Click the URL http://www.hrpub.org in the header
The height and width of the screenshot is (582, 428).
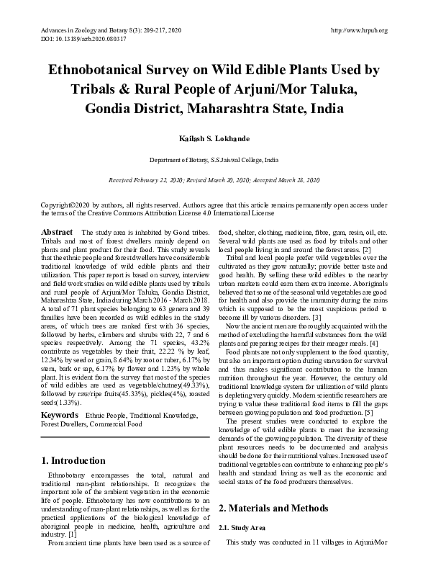pyautogui.click(x=358, y=30)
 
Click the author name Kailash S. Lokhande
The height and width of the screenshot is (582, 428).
pyautogui.click(x=214, y=137)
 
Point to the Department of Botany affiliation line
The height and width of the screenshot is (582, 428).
pyautogui.click(x=214, y=159)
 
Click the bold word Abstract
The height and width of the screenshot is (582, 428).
pyautogui.click(x=57, y=233)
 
